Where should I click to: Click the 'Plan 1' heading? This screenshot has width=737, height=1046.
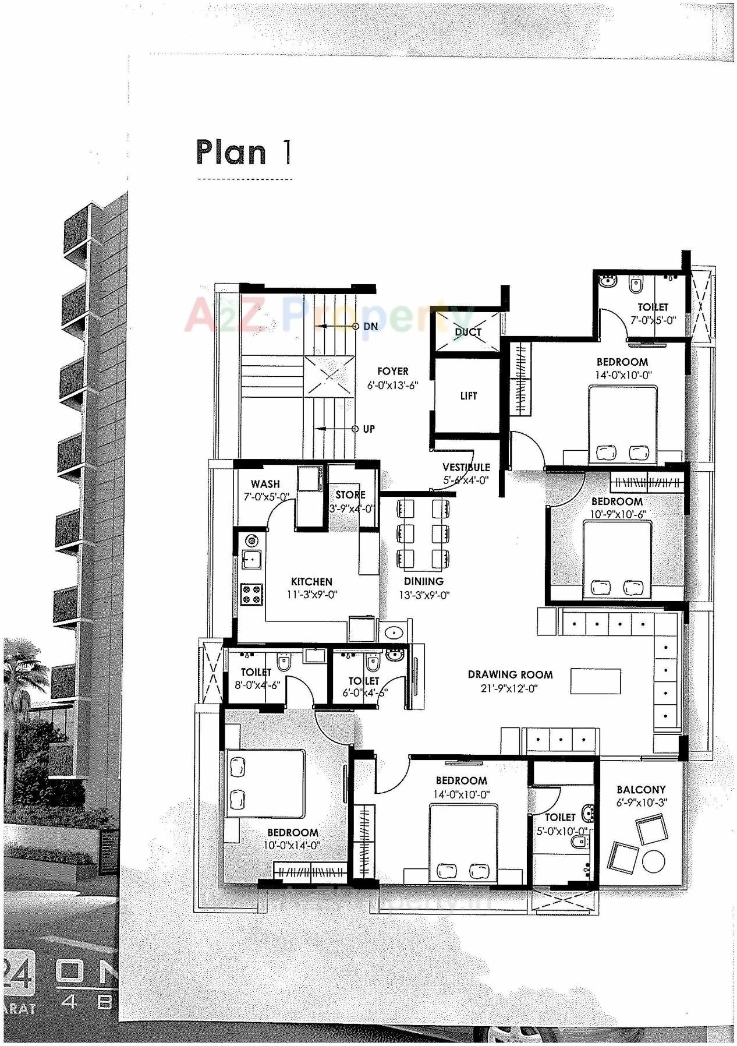[243, 153]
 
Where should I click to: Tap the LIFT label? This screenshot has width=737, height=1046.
[468, 396]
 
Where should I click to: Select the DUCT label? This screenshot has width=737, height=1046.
[467, 332]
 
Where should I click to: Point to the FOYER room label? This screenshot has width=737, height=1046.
[392, 372]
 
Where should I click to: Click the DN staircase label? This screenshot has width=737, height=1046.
[370, 327]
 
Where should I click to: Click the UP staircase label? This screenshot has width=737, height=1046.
[368, 429]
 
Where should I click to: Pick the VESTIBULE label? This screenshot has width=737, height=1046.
[466, 467]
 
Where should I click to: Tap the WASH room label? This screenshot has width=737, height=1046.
[265, 484]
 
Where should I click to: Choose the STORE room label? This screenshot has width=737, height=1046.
[350, 495]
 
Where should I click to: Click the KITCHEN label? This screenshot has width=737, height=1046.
[311, 582]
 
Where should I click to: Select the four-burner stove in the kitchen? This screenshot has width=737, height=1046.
[253, 595]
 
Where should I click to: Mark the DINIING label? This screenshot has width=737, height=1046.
[423, 582]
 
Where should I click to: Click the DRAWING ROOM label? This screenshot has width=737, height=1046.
[510, 675]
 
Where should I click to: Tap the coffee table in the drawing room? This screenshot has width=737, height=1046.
[596, 681]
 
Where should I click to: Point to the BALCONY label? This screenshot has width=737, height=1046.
[640, 790]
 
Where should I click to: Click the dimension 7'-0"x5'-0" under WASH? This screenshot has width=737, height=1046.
[266, 497]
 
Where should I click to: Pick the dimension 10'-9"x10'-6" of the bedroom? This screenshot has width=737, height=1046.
[617, 514]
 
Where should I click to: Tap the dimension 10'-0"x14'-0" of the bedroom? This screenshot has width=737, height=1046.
[292, 846]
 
